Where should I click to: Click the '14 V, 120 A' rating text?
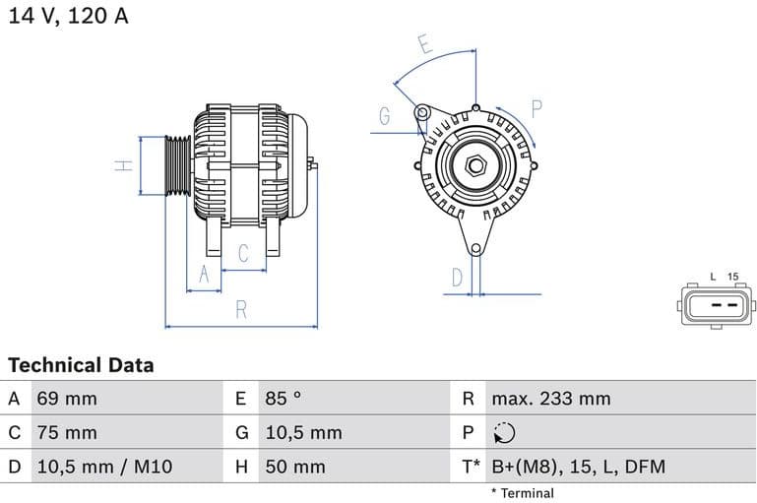tap(69, 17)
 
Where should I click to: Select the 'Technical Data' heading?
tap(81, 365)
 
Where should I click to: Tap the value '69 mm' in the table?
tap(67, 399)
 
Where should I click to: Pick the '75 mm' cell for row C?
tap(67, 432)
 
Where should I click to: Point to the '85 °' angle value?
tap(284, 399)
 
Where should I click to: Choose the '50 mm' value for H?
tap(294, 466)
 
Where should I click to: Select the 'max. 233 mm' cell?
tap(551, 399)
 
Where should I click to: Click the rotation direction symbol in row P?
tap(504, 432)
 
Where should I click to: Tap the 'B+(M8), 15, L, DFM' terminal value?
tap(578, 466)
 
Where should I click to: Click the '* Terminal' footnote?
tap(522, 493)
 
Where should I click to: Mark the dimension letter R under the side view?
tap(241, 310)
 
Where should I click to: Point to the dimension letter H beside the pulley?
tap(123, 165)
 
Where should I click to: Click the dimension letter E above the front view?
tap(424, 44)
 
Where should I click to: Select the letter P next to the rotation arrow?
tap(537, 108)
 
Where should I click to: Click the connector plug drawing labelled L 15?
tap(718, 305)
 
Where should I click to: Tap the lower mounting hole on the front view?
tap(476, 248)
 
